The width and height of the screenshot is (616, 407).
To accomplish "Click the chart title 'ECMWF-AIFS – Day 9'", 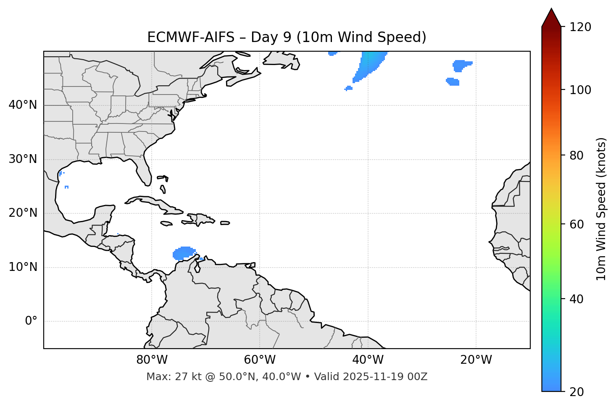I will tap(287, 37).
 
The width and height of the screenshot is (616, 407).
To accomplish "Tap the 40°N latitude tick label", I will tap(23, 105).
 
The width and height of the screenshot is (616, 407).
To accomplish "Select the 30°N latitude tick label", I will tap(23, 159).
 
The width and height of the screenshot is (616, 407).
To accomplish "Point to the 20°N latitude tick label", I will tap(23, 213).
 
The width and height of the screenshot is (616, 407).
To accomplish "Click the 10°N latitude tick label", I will tap(23, 267).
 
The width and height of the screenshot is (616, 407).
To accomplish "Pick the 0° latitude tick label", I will tap(31, 321).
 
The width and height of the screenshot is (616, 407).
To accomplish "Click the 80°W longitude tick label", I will tap(152, 360).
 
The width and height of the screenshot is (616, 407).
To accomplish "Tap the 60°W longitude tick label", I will tap(259, 360).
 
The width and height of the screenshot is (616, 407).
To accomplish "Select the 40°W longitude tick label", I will tap(368, 360).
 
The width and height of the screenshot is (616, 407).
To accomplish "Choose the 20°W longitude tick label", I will tap(476, 360).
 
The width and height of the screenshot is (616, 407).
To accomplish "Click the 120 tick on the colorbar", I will tap(580, 27).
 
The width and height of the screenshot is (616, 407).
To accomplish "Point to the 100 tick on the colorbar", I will tap(580, 90).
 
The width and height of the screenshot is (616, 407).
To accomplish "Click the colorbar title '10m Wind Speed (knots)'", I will tap(601, 209).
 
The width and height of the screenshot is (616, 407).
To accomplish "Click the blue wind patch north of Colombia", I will tap(184, 253).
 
